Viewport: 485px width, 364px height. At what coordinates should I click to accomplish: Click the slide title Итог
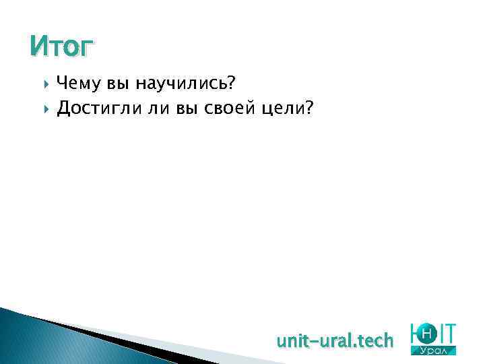click(x=62, y=47)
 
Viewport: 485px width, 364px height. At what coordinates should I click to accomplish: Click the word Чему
click(x=76, y=84)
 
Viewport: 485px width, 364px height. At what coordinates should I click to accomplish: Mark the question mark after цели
click(x=309, y=108)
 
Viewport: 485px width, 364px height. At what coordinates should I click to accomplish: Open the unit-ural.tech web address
click(x=335, y=341)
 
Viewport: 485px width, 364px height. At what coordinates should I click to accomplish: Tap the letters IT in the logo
click(x=447, y=332)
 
